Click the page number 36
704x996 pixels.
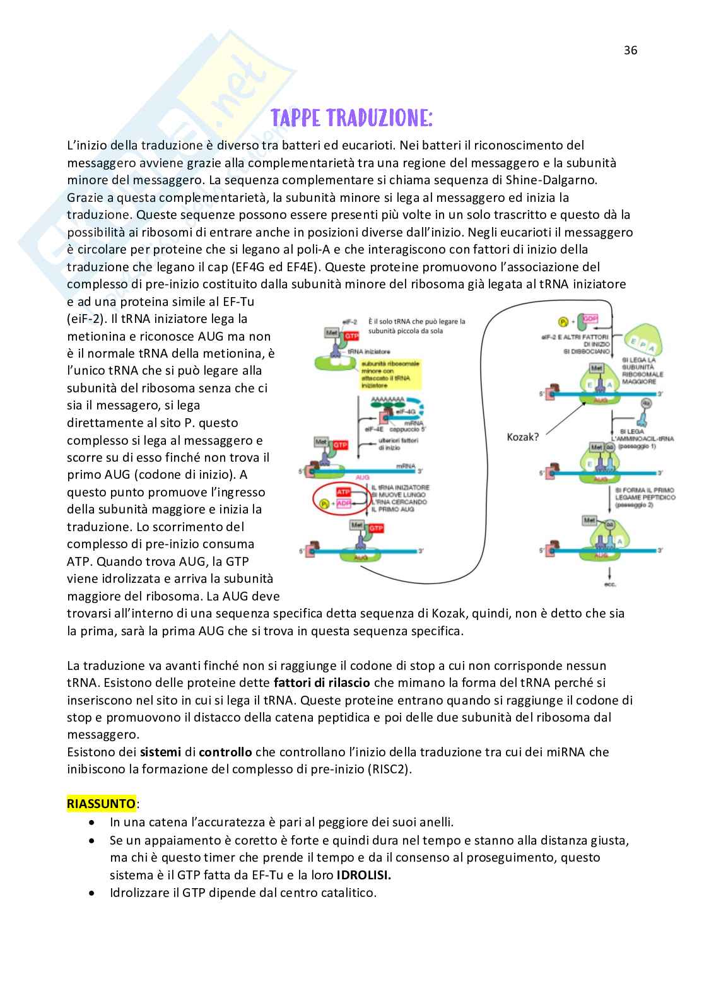[630, 50]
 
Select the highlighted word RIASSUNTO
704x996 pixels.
[101, 804]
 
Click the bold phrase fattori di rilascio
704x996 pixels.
[320, 682]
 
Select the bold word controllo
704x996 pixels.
[225, 752]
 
